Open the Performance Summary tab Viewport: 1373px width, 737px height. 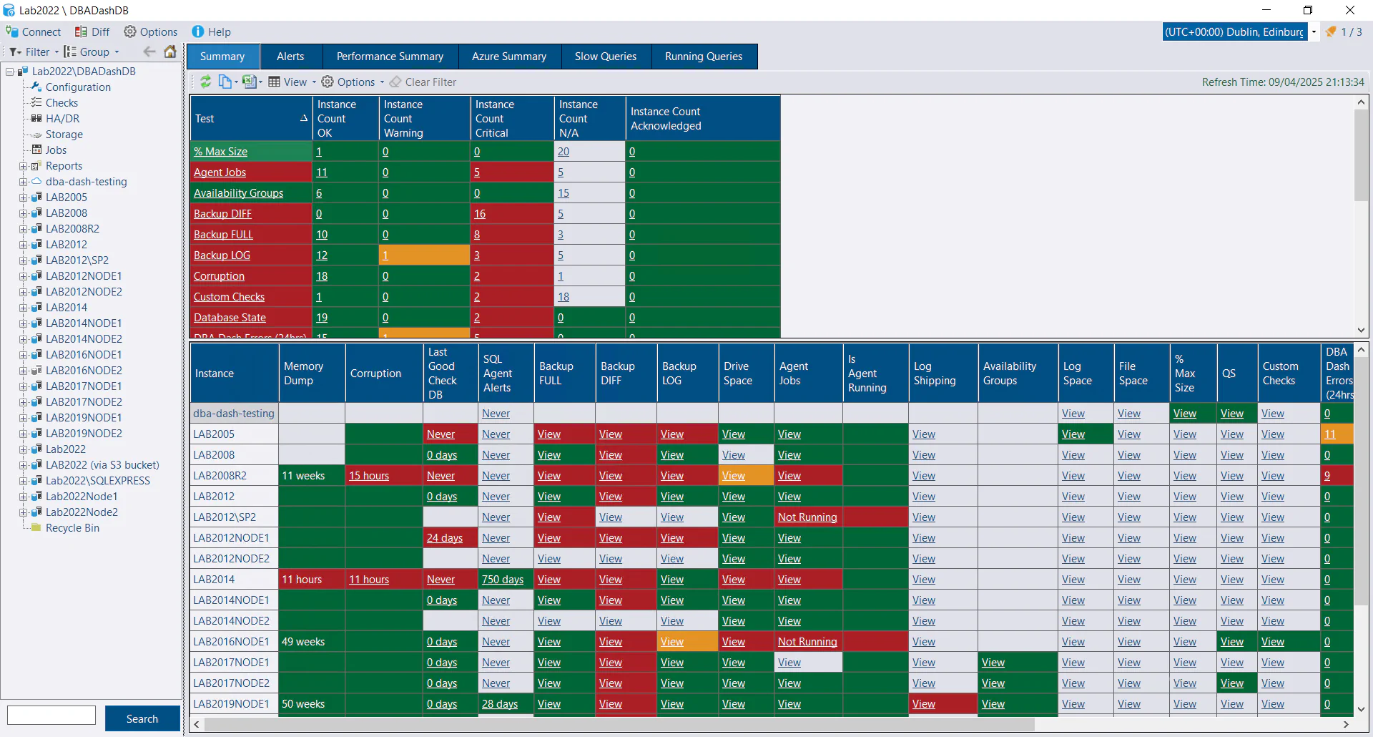[390, 57]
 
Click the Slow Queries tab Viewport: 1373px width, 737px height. [605, 57]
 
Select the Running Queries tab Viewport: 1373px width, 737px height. [703, 57]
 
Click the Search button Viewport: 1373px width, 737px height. [142, 718]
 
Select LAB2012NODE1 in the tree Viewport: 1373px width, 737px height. [84, 276]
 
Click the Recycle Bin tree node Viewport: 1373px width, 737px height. [72, 528]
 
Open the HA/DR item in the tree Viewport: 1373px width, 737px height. [62, 119]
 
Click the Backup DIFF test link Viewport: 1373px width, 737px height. [222, 214]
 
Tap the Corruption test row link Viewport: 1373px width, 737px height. [219, 276]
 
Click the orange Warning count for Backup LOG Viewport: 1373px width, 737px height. [385, 255]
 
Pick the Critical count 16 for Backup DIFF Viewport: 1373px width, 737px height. [480, 214]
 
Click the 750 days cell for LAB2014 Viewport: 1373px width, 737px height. [502, 580]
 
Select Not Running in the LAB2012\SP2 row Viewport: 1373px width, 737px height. [807, 517]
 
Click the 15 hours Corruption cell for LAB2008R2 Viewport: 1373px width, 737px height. [369, 476]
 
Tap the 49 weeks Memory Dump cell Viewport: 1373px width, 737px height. [303, 642]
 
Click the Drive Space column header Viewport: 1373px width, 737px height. [737, 374]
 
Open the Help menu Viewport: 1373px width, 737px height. [212, 32]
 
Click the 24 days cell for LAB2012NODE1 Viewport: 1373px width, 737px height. [444, 538]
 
